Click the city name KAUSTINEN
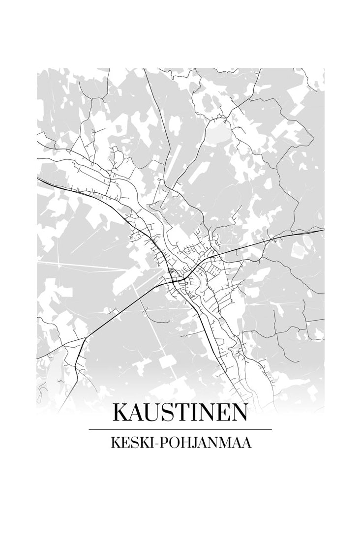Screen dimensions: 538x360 pos(180,412)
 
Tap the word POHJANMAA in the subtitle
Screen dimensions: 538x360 pos(204,443)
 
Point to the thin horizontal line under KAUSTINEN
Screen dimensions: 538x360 pos(180,429)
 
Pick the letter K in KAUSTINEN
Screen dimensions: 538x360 pos(121,412)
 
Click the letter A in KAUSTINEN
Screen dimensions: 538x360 pos(137,412)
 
